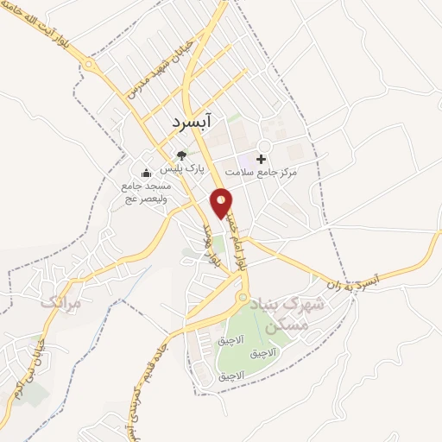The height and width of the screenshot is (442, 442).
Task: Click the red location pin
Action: point(223,203)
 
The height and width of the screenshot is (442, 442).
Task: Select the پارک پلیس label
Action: point(192,169)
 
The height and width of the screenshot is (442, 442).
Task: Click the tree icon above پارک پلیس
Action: point(180,155)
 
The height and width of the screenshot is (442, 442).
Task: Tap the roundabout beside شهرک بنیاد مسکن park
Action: point(241,298)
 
